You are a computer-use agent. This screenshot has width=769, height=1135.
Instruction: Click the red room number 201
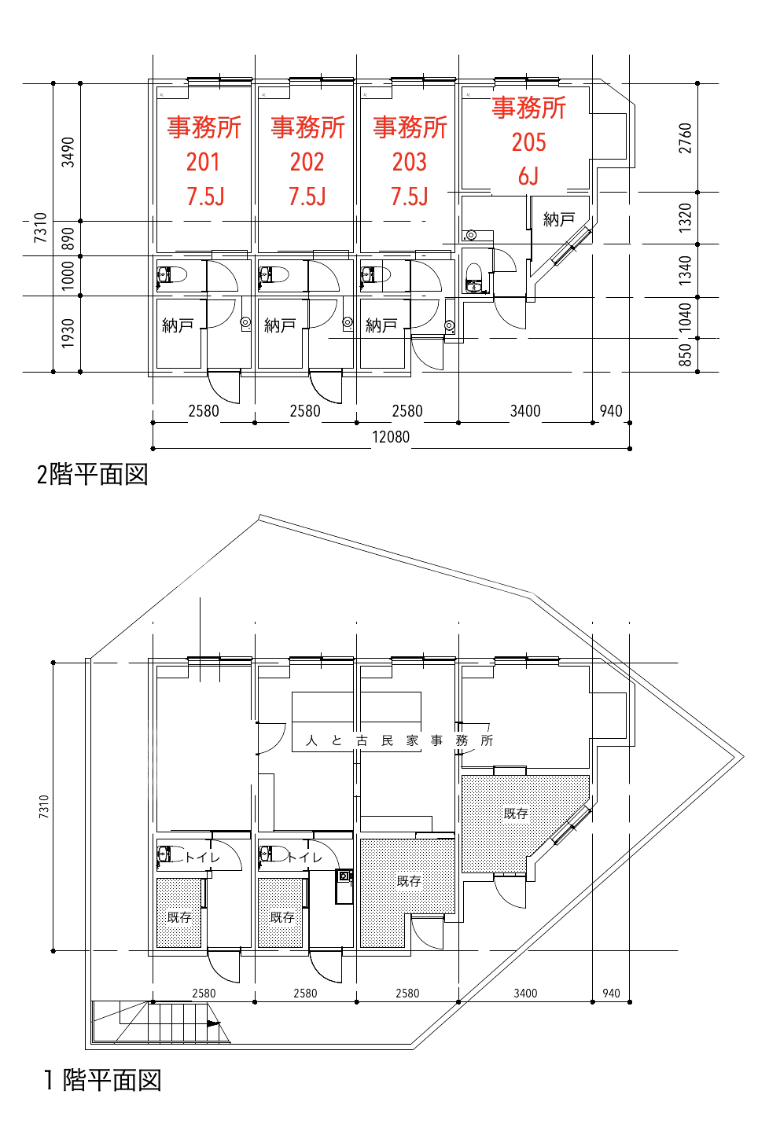(x=204, y=162)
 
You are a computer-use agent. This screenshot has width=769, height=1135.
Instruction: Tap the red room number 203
(x=409, y=162)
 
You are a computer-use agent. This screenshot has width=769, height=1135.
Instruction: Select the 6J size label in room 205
(x=528, y=176)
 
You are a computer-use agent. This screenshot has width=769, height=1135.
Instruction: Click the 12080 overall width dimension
(x=391, y=437)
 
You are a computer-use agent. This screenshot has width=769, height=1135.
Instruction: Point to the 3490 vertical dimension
(x=68, y=152)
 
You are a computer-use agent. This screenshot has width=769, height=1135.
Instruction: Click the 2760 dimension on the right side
(x=685, y=138)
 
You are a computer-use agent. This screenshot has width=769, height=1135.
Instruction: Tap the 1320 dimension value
(x=685, y=218)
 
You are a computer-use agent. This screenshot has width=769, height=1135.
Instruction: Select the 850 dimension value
(x=685, y=354)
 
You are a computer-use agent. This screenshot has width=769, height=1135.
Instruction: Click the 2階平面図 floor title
(x=92, y=475)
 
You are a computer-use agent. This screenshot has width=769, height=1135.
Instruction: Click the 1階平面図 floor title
(x=103, y=1080)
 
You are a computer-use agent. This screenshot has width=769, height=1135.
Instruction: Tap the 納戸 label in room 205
(x=558, y=219)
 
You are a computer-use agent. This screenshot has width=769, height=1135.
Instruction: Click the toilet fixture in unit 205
(x=473, y=277)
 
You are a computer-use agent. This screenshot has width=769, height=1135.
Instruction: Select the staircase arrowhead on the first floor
(x=213, y=1023)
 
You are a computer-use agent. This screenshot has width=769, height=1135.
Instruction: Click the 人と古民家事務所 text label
(x=399, y=740)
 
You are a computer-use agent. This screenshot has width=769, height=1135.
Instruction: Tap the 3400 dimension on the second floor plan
(x=525, y=411)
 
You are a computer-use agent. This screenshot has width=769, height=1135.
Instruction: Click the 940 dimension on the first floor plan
(x=611, y=994)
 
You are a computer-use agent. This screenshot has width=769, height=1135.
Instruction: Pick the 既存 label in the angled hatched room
(x=516, y=814)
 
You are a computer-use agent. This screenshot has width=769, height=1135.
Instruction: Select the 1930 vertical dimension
(x=68, y=333)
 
